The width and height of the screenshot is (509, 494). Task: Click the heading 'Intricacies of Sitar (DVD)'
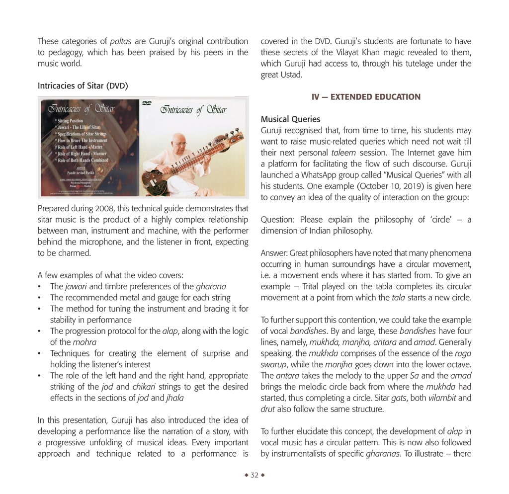(83, 86)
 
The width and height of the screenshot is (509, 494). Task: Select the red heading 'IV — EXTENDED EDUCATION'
(366, 97)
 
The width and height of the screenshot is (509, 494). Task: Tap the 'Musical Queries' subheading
(290, 119)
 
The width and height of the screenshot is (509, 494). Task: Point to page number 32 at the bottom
(254, 475)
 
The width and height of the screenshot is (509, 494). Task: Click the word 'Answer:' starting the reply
(274, 253)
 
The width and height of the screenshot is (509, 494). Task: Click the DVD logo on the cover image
(147, 103)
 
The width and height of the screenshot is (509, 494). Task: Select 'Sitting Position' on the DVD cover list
(71, 121)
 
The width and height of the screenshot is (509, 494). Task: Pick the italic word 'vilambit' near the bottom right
(429, 398)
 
